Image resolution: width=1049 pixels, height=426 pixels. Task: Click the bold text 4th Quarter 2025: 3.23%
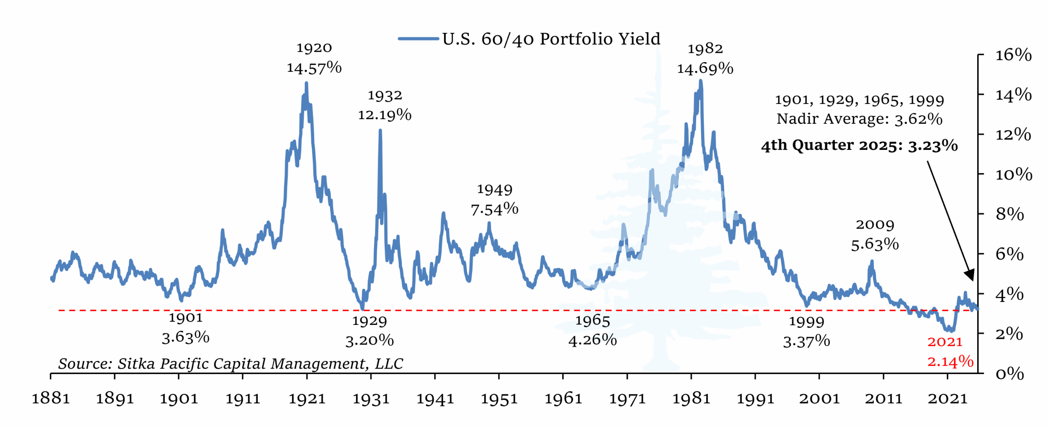coord(859,145)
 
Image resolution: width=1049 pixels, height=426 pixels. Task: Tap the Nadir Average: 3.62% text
coord(859,119)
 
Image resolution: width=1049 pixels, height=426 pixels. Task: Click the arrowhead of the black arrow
coord(970,275)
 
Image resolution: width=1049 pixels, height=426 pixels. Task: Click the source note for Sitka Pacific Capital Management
coord(230,363)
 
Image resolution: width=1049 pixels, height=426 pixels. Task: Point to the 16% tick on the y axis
coord(1013,55)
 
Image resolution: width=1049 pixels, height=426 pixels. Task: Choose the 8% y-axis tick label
coord(1009,214)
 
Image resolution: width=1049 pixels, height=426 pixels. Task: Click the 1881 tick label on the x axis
coord(51,398)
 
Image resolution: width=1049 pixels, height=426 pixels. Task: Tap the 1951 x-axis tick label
coord(499,398)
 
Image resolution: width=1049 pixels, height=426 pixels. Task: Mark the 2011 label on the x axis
coord(883,398)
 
